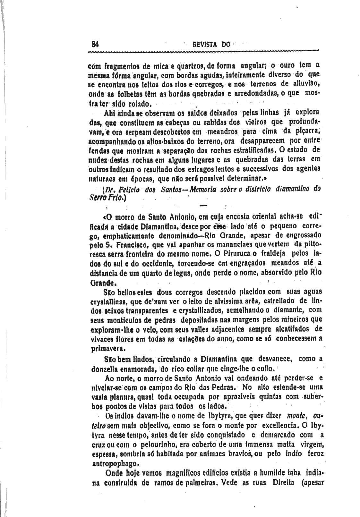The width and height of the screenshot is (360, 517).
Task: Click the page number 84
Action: (95, 44)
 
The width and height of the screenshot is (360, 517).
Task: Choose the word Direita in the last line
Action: (277, 483)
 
